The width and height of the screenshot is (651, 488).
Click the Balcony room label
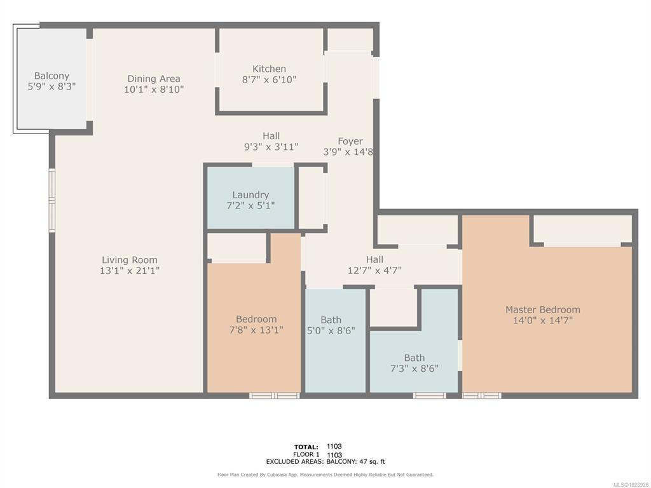pyautogui.click(x=51, y=76)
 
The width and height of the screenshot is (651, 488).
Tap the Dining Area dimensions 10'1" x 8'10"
pyautogui.click(x=154, y=89)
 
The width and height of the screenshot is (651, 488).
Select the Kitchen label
pyautogui.click(x=269, y=69)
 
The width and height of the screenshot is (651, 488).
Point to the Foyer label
pyautogui.click(x=350, y=142)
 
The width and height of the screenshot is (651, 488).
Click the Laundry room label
pyautogui.click(x=250, y=195)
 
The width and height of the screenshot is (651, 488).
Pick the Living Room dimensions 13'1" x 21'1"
pyautogui.click(x=130, y=271)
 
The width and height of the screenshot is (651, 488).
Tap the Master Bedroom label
pyautogui.click(x=543, y=309)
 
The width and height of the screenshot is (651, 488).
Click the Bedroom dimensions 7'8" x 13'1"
pyautogui.click(x=256, y=330)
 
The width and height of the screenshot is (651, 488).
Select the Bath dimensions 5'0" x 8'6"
pyautogui.click(x=331, y=330)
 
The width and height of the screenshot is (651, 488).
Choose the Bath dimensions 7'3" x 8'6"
pyautogui.click(x=415, y=369)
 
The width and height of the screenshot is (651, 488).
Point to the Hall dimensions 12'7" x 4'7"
pyautogui.click(x=374, y=271)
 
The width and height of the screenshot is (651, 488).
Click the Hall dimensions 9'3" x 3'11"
pyautogui.click(x=271, y=147)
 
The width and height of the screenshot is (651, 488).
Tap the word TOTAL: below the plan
pyautogui.click(x=306, y=447)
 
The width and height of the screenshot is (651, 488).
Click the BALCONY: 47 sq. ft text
pyautogui.click(x=356, y=461)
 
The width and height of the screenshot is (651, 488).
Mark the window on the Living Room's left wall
pyautogui.click(x=52, y=200)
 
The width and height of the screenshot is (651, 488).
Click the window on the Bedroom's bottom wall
pyautogui.click(x=275, y=395)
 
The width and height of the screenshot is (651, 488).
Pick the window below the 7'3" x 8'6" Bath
pyautogui.click(x=429, y=395)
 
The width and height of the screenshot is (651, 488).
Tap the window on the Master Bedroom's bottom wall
pyautogui.click(x=482, y=395)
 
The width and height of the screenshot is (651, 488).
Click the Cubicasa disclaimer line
pyautogui.click(x=325, y=475)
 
